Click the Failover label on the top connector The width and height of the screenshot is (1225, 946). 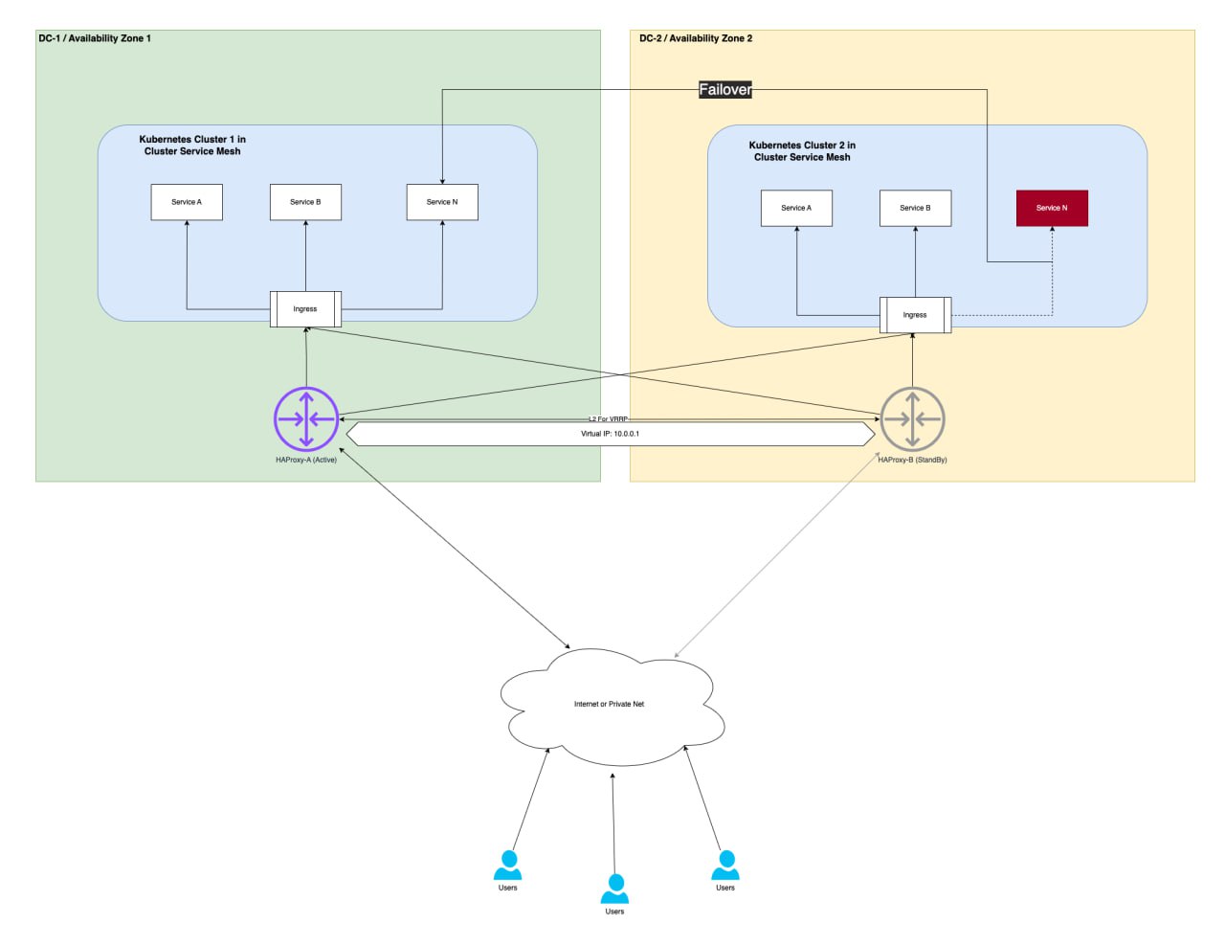(x=724, y=90)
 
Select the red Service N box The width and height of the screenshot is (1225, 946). (x=1052, y=208)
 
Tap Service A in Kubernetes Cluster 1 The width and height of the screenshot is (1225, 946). (x=187, y=202)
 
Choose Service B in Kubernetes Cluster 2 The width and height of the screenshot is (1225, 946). (x=915, y=208)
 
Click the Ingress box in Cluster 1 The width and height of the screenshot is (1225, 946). (x=305, y=309)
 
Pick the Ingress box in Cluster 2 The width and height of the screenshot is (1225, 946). (x=915, y=315)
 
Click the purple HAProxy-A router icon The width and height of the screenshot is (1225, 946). (x=306, y=419)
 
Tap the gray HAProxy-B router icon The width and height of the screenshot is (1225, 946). (x=912, y=419)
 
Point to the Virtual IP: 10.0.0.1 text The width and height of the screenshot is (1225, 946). (x=610, y=434)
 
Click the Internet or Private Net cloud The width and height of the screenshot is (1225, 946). (x=610, y=705)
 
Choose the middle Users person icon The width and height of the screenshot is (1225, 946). (x=614, y=889)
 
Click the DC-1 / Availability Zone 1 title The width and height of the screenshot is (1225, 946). (x=95, y=38)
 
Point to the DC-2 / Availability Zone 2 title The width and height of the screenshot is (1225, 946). (x=696, y=38)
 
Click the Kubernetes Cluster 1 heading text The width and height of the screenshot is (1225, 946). (x=192, y=146)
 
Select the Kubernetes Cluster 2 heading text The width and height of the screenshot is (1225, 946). (x=802, y=151)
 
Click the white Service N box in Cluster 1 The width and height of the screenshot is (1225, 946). (x=442, y=202)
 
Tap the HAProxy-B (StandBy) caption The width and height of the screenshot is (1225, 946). (x=912, y=461)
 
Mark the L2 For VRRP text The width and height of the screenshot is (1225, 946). (x=609, y=419)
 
